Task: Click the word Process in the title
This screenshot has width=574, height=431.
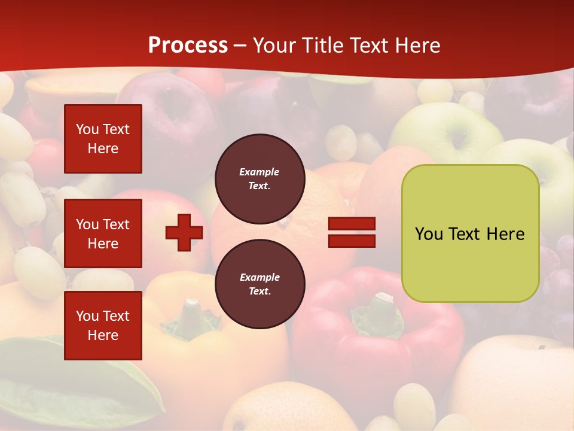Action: (188, 45)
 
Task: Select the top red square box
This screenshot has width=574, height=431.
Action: (103, 139)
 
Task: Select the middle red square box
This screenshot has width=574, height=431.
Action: (103, 233)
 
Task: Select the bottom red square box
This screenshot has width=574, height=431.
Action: (103, 325)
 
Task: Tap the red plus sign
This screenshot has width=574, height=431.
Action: (184, 232)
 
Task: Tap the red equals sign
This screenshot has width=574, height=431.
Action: (352, 232)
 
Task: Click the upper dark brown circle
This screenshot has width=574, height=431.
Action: (259, 179)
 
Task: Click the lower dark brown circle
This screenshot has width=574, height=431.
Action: (259, 284)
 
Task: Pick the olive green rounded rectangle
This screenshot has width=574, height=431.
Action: (470, 233)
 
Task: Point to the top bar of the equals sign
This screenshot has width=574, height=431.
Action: (352, 224)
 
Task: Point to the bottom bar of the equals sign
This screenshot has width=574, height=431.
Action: (352, 241)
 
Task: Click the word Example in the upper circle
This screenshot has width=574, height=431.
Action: (259, 172)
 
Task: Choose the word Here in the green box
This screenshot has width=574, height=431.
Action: (505, 234)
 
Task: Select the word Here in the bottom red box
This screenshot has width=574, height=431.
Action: (103, 335)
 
